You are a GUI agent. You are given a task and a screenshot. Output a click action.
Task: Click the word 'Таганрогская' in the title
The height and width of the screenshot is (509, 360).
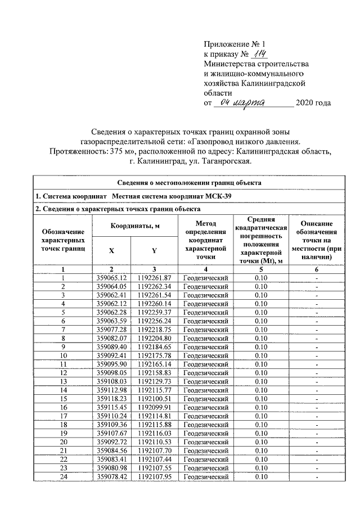click(226, 162)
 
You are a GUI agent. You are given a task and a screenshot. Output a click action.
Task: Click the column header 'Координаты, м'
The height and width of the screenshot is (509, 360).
click(134, 226)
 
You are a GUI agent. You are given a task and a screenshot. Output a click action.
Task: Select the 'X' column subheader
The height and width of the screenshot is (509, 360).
click(112, 251)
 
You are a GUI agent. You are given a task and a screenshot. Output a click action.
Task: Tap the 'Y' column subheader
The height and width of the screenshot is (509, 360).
click(154, 251)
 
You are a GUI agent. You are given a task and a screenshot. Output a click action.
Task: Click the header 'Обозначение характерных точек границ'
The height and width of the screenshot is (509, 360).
click(63, 238)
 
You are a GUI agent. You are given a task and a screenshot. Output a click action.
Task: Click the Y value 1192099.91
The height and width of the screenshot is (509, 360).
click(154, 407)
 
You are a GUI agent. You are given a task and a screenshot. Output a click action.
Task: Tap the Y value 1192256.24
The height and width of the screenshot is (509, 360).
click(154, 321)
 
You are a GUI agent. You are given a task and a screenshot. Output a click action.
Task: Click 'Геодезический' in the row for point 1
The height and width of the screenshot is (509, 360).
click(206, 278)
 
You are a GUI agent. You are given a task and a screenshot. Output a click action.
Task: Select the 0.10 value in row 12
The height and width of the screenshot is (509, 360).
click(260, 372)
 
